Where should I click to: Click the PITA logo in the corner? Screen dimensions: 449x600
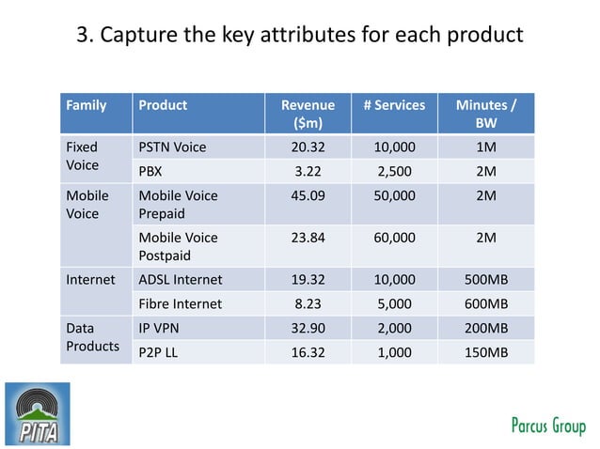click(x=38, y=413)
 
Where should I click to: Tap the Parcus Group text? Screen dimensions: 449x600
click(x=547, y=426)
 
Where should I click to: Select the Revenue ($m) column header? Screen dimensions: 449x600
click(x=308, y=114)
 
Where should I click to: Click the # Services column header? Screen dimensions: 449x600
click(x=394, y=105)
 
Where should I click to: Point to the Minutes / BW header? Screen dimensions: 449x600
click(x=485, y=114)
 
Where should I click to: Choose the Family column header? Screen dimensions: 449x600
click(x=86, y=105)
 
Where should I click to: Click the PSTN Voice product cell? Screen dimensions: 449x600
click(x=172, y=147)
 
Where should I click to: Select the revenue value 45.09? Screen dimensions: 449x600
click(x=308, y=195)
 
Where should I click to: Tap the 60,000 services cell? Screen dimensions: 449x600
click(x=394, y=238)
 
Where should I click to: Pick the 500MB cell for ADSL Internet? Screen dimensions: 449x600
click(x=486, y=279)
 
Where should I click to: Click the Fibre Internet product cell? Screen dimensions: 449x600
click(x=181, y=303)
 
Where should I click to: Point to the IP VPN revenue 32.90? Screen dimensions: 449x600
click(x=308, y=328)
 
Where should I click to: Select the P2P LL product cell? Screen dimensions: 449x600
click(x=159, y=352)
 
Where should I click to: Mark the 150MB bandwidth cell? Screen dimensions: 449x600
click(x=486, y=352)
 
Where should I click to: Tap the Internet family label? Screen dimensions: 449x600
click(x=90, y=279)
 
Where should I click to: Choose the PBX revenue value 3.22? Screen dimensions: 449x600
click(x=308, y=171)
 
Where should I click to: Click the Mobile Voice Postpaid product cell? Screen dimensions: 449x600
click(x=178, y=246)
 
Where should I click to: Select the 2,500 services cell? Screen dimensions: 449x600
click(x=394, y=171)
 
